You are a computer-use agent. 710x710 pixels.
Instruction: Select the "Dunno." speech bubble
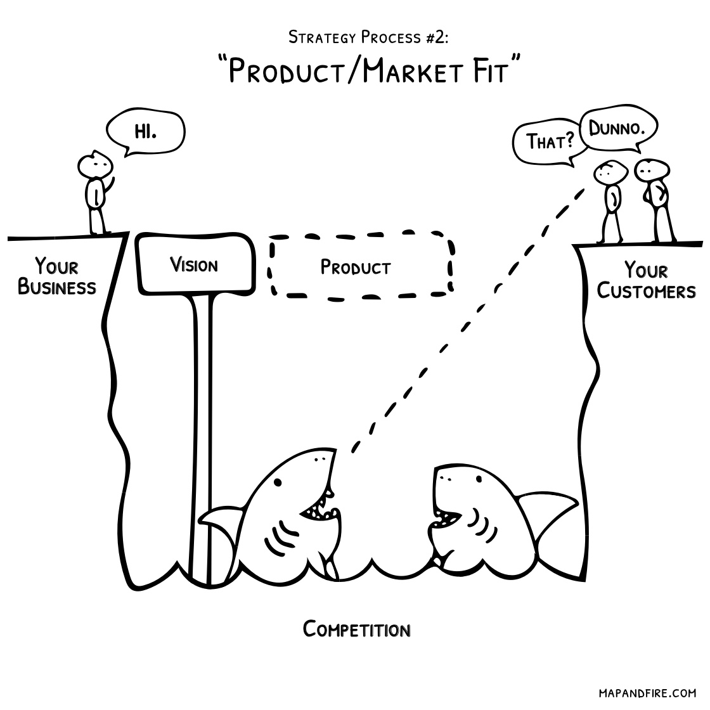[617, 131]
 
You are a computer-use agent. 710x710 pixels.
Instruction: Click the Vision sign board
[194, 264]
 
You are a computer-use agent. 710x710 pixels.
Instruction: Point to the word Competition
[356, 629]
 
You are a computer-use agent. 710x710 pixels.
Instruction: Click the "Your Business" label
[57, 276]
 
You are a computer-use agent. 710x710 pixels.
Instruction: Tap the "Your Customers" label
[646, 280]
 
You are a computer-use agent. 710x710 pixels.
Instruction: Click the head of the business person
[94, 165]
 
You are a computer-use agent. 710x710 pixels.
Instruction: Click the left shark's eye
[277, 482]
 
